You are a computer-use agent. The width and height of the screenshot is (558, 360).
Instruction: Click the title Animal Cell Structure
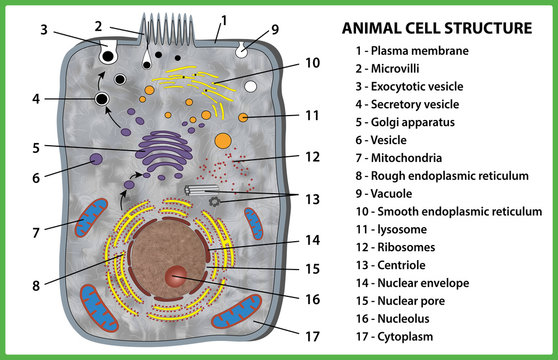pyautogui.click(x=437, y=27)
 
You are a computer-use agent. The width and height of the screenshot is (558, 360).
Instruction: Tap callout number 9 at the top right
pyautogui.click(x=275, y=30)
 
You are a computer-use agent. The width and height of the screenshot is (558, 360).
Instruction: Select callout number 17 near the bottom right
pyautogui.click(x=312, y=337)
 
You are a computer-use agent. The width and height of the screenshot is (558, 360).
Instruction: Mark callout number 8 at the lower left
pyautogui.click(x=36, y=285)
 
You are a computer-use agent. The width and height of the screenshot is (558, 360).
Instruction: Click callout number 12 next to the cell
pyautogui.click(x=312, y=157)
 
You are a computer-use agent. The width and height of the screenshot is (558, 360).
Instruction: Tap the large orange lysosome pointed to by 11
pyautogui.click(x=223, y=141)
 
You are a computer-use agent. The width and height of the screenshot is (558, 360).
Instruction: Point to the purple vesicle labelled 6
pyautogui.click(x=97, y=159)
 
